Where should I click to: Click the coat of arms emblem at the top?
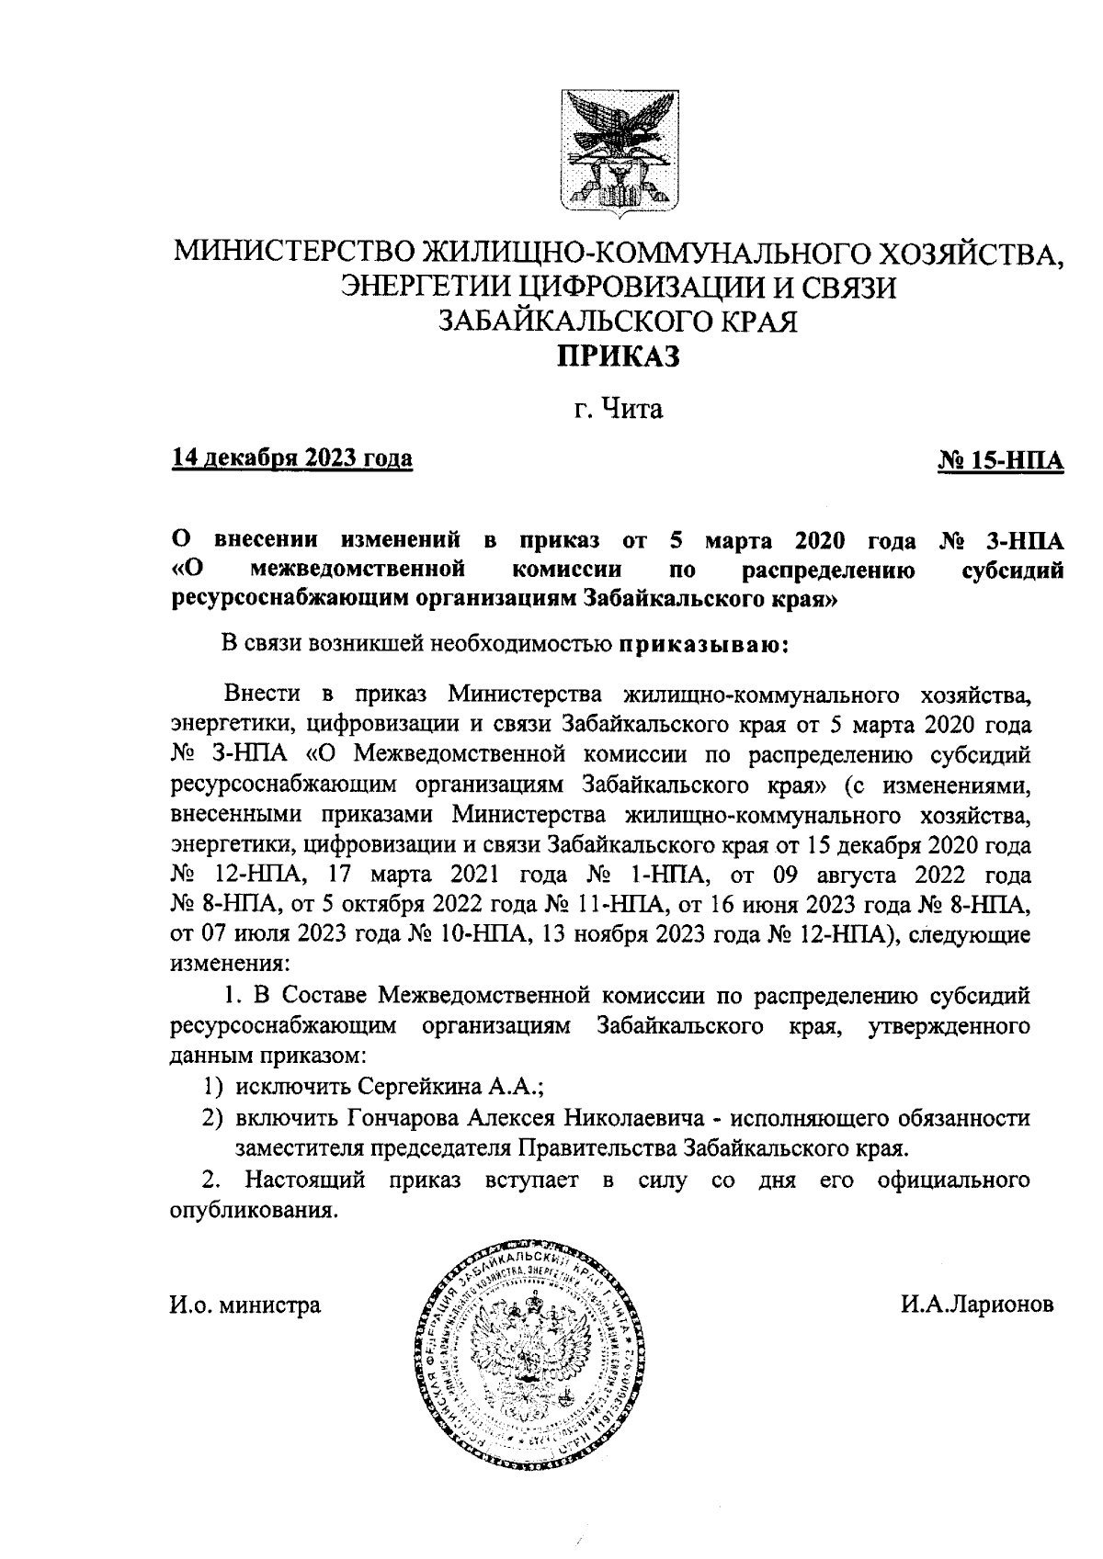point(614,148)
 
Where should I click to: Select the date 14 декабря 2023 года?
point(291,458)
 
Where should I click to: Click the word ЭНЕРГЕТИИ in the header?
point(425,288)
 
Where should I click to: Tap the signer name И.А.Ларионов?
point(978,1304)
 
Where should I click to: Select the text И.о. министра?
point(245,1304)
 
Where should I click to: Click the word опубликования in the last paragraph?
point(250,1210)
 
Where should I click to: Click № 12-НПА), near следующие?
point(830,935)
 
